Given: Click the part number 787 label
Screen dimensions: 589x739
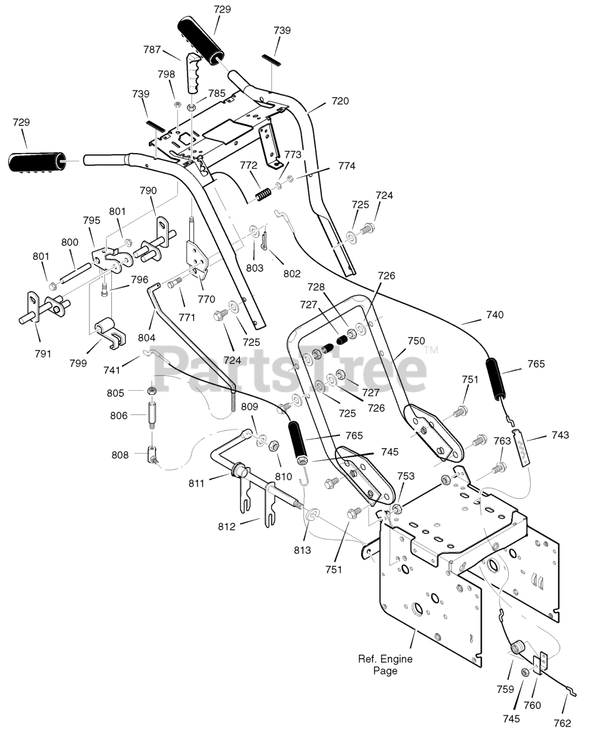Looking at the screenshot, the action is [152, 50].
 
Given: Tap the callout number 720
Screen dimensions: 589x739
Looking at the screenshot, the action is [340, 101].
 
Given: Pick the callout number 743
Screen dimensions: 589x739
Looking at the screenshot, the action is [561, 435].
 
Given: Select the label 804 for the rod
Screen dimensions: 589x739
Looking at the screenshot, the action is [147, 338].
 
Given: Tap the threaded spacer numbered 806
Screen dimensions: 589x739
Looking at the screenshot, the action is [152, 416].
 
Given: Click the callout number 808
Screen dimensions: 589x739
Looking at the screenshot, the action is [120, 455].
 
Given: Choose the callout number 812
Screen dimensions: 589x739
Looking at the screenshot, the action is [227, 527].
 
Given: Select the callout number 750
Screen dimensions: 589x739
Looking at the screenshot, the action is [417, 341].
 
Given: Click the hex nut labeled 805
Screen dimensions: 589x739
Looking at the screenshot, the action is [151, 391].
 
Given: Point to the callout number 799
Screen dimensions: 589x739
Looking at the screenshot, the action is [78, 363].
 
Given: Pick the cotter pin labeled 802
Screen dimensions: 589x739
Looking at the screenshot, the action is [264, 242].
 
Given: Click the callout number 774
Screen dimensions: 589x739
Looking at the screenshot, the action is [347, 166].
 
